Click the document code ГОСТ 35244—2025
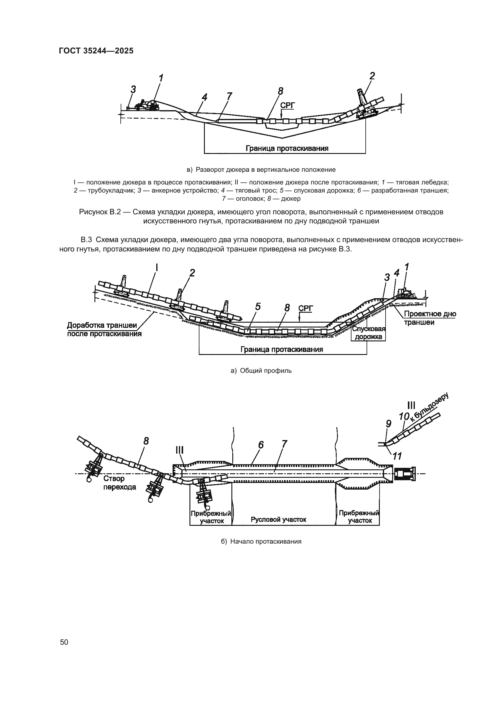click(x=96, y=51)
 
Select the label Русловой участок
click(x=278, y=519)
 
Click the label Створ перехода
click(x=119, y=483)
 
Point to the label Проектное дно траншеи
click(x=430, y=318)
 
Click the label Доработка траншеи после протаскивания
click(x=104, y=329)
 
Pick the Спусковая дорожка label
click(x=368, y=333)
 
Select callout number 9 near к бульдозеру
click(x=388, y=424)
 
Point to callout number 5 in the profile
click(x=258, y=307)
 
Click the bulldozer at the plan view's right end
click(x=405, y=474)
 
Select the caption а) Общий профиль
click(x=261, y=371)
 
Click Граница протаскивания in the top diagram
click(x=287, y=149)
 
